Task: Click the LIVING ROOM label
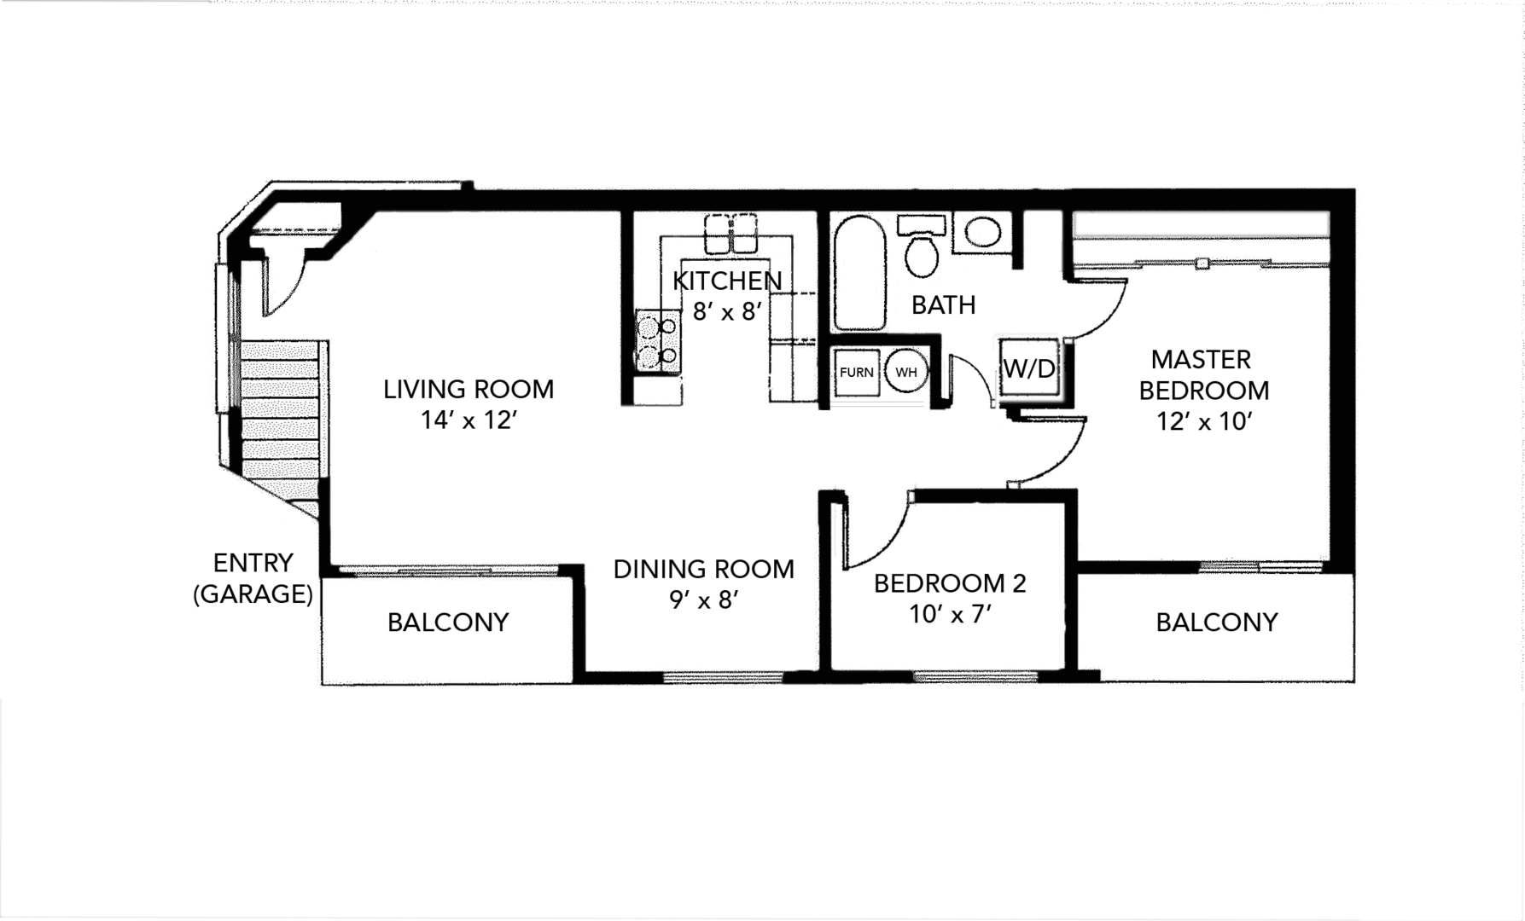pyautogui.click(x=469, y=390)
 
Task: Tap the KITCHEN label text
pyautogui.click(x=727, y=281)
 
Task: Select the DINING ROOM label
pyautogui.click(x=704, y=569)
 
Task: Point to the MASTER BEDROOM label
pyautogui.click(x=1203, y=374)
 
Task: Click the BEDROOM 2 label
pyautogui.click(x=950, y=583)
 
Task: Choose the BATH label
pyautogui.click(x=943, y=304)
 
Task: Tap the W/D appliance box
pyautogui.click(x=1029, y=368)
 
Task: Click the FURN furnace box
pyautogui.click(x=857, y=373)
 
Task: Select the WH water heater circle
pyautogui.click(x=905, y=372)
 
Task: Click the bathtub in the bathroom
pyautogui.click(x=859, y=273)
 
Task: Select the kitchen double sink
pyautogui.click(x=731, y=233)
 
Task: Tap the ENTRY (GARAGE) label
pyautogui.click(x=253, y=578)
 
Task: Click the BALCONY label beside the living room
pyautogui.click(x=448, y=623)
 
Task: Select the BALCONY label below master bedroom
pyautogui.click(x=1217, y=623)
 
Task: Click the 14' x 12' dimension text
pyautogui.click(x=469, y=420)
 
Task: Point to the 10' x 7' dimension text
pyautogui.click(x=950, y=614)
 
